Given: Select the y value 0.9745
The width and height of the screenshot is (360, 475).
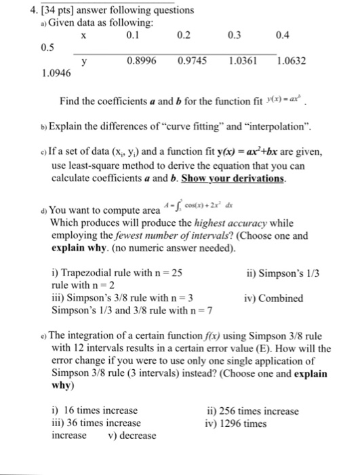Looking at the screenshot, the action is click(191, 60).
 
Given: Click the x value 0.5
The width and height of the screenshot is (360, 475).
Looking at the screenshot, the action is click(28, 47).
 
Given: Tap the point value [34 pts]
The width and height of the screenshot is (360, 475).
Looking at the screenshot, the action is click(37, 9).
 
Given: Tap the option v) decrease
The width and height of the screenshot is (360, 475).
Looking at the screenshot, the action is click(132, 435).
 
